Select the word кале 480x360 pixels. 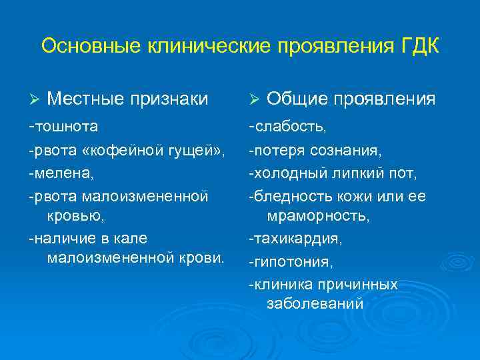point(131,238)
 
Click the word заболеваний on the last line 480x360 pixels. point(315,303)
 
